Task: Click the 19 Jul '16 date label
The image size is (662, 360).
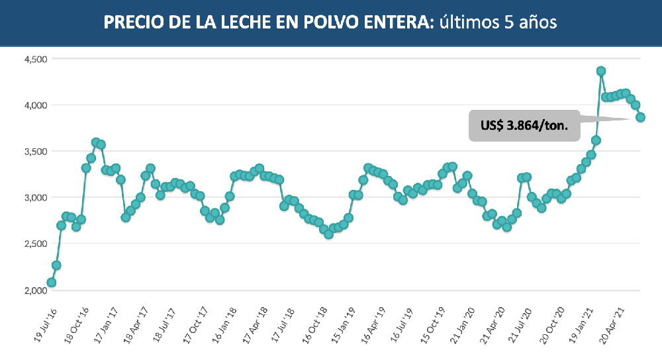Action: (44, 324)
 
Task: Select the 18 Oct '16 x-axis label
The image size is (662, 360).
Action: (75, 324)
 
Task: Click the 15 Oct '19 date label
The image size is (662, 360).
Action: (435, 324)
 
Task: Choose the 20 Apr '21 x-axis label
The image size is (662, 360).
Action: (615, 324)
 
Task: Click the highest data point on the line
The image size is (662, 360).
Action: (601, 71)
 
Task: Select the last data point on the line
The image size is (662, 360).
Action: (641, 117)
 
